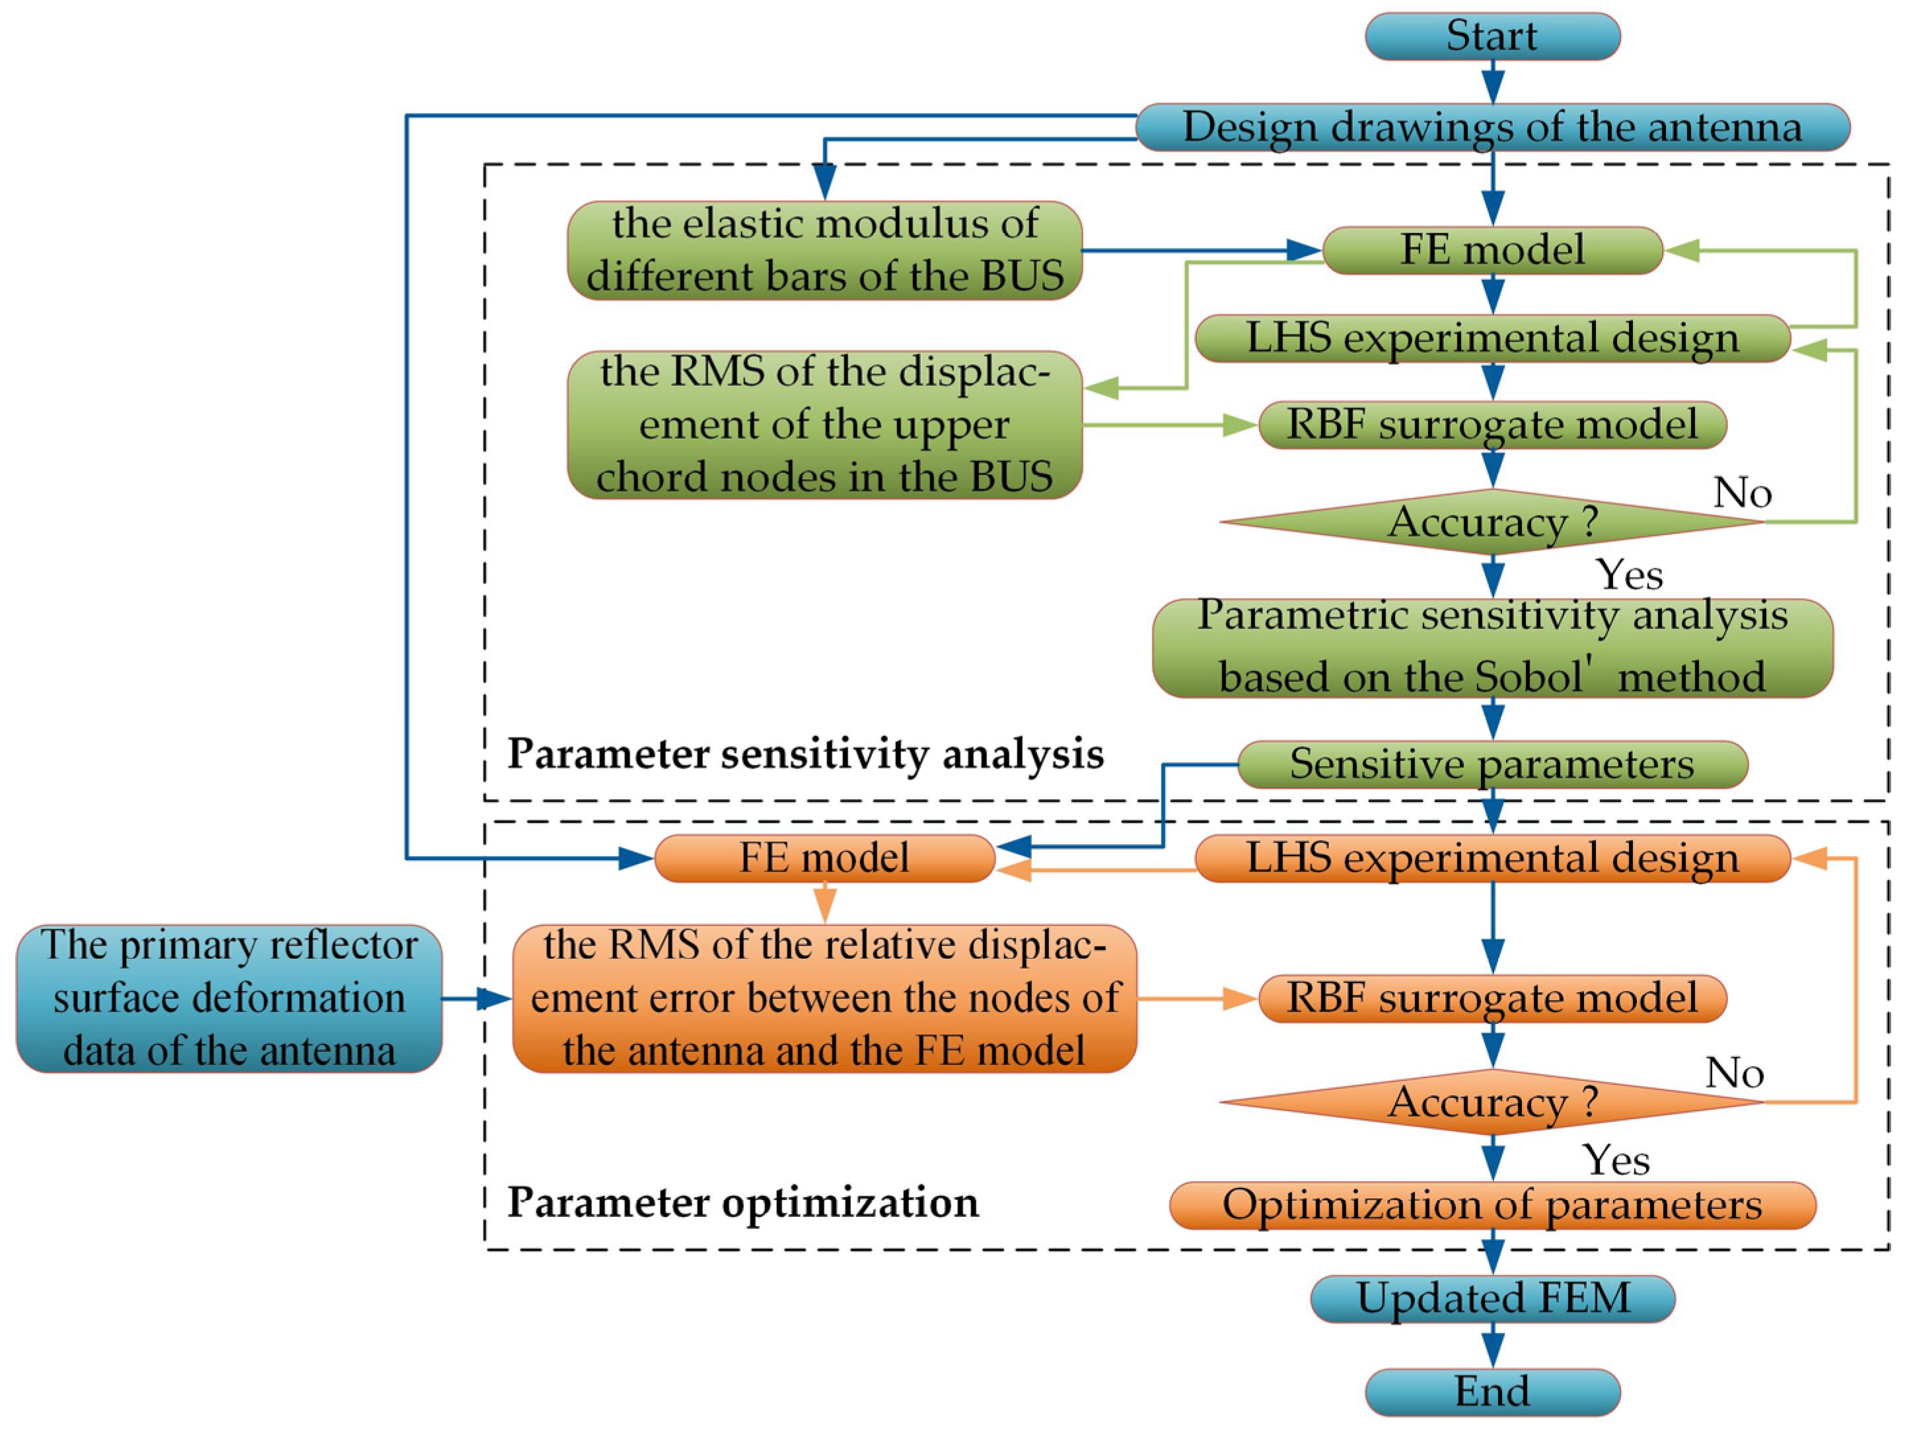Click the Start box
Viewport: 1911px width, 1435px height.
point(1492,36)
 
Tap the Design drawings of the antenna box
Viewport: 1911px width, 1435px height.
point(1492,127)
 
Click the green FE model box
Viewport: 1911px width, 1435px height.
point(1492,250)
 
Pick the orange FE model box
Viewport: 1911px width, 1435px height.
point(824,858)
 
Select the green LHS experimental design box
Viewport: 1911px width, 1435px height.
point(1492,338)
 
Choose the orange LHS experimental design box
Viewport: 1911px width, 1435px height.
point(1492,858)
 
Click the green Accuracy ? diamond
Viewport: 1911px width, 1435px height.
point(1492,522)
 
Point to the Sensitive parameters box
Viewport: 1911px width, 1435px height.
point(1492,764)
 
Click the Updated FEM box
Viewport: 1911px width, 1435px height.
point(1492,1298)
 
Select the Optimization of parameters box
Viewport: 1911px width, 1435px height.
point(1492,1205)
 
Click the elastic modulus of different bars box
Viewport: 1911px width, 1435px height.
point(824,250)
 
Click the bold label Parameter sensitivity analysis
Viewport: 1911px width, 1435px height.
point(805,753)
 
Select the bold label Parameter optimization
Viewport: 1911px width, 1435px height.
point(743,1202)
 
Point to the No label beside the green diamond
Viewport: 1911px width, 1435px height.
point(1743,494)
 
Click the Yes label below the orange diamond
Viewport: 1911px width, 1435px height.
point(1616,1159)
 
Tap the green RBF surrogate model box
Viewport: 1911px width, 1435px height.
point(1492,424)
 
